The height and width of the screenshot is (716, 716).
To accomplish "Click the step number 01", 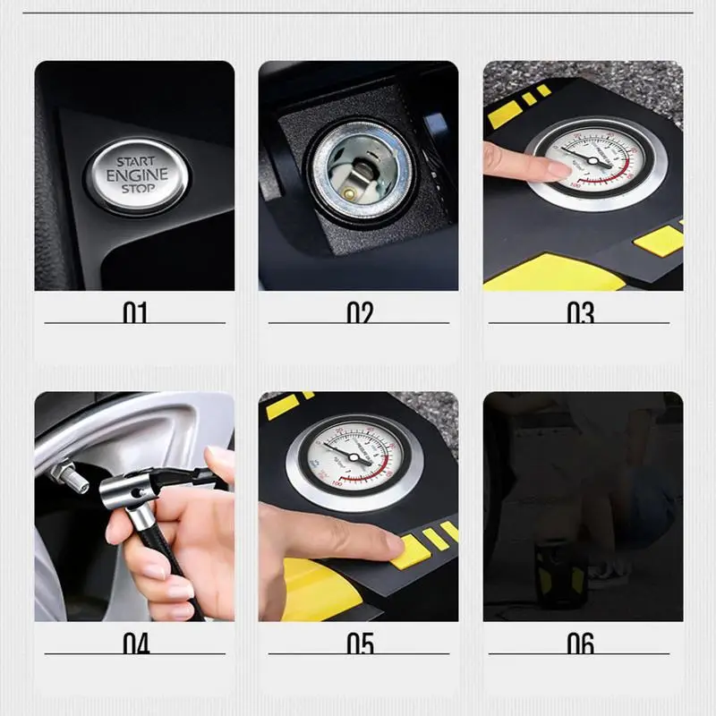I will pyautogui.click(x=135, y=312).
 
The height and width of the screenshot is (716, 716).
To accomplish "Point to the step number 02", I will pyautogui.click(x=359, y=312).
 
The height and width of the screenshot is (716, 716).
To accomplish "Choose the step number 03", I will pyautogui.click(x=581, y=312).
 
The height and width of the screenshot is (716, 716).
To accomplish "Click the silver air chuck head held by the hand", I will pyautogui.click(x=134, y=490).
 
